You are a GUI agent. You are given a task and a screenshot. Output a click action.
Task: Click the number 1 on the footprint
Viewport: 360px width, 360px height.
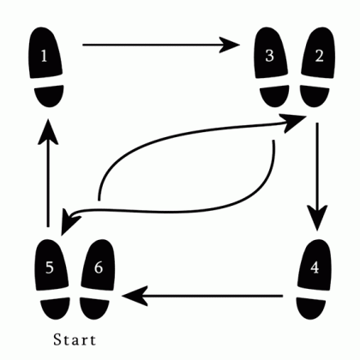coord(44,56)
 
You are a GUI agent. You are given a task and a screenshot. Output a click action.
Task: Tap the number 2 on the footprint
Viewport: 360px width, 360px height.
coord(319,56)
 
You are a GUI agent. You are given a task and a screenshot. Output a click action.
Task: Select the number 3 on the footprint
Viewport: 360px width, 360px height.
coord(269,56)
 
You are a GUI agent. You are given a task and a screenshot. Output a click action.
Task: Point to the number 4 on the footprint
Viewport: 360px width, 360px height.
coord(315,267)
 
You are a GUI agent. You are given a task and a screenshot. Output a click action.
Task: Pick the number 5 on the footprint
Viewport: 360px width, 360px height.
coord(50,267)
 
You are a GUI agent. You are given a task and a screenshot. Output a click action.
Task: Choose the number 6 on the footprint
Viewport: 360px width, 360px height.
coord(99,267)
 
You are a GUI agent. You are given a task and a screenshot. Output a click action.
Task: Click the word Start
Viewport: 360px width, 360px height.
coord(75,339)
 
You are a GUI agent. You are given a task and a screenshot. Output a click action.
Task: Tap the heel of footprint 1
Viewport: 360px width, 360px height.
coord(49,96)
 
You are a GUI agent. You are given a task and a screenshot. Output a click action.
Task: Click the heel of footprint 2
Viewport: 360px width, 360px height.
coord(314,96)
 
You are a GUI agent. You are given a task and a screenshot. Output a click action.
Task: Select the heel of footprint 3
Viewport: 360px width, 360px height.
coord(274,96)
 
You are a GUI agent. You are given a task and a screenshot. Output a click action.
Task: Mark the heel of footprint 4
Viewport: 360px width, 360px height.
coord(310,308)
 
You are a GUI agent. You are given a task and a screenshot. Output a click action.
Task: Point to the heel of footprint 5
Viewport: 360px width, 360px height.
coord(55,308)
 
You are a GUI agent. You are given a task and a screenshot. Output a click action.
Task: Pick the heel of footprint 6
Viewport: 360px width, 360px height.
coord(94,308)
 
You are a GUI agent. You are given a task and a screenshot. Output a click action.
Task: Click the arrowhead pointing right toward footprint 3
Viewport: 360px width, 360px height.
coord(230,45)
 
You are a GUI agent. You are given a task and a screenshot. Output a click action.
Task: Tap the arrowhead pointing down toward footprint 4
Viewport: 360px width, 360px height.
coord(316,218)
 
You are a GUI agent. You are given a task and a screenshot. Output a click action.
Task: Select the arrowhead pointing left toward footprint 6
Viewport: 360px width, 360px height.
coord(135,296)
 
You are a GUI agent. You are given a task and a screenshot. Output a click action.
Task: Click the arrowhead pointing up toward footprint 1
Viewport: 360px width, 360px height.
coord(48,131)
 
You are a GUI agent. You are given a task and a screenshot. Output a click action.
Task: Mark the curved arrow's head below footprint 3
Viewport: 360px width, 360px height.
coord(293,123)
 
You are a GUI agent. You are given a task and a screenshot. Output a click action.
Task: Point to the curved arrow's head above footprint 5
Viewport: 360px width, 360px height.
coord(69,221)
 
